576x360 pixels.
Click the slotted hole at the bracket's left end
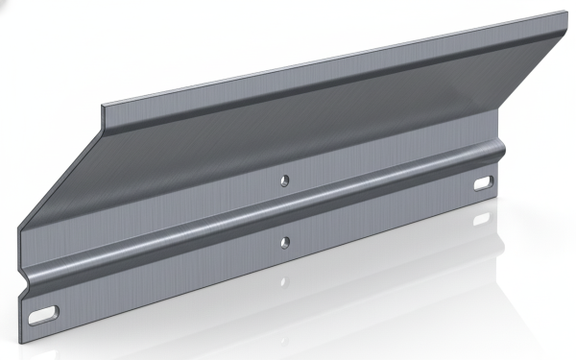[43, 312]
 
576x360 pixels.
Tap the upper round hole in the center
[283, 180]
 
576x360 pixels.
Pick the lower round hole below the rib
[283, 239]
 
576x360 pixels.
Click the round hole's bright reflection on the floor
[284, 283]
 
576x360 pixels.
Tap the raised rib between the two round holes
[283, 210]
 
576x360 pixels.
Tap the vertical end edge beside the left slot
[18, 302]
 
